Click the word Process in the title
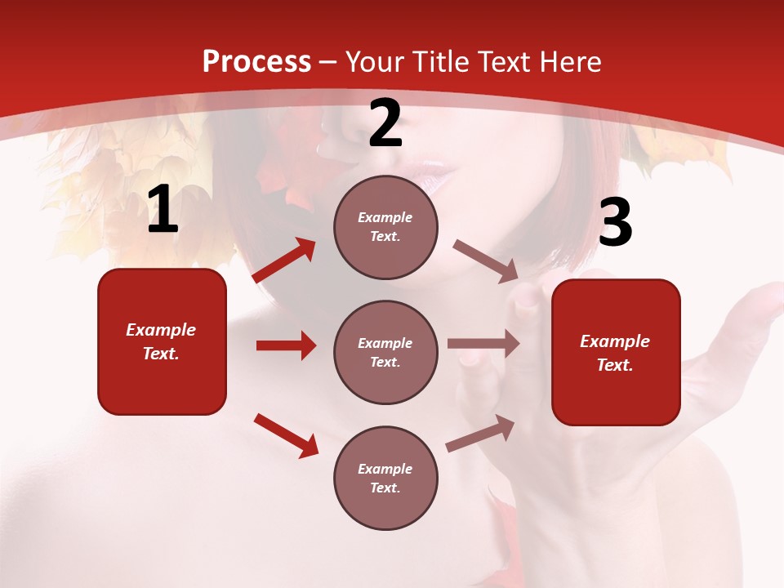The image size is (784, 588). pos(256,62)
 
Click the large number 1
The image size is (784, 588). pos(162,210)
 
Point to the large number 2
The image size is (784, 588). pos(385,124)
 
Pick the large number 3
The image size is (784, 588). pos(615,223)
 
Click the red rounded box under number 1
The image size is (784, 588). pos(162,341)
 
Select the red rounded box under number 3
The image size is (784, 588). pos(616,352)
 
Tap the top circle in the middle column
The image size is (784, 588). pos(385,227)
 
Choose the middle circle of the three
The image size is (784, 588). pos(385,352)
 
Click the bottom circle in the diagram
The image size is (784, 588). pos(385,478)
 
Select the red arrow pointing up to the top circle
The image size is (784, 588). pos(284,261)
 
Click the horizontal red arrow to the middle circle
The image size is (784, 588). pos(286,345)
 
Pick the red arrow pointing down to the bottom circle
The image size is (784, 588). pos(286,435)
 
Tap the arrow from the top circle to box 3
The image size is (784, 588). pos(485,261)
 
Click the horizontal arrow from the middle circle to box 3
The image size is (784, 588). pos(483,344)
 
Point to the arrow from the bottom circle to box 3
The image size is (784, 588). pos(480,434)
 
